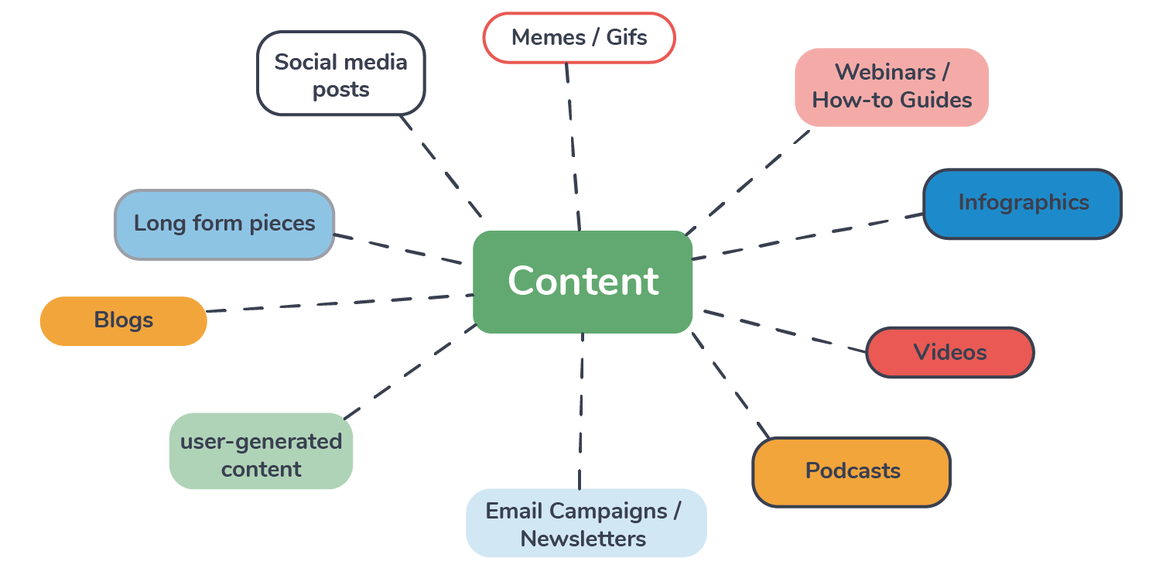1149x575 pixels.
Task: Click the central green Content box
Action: coord(582,282)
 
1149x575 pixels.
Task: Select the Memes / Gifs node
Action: coord(579,37)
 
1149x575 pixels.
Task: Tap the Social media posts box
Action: coord(340,74)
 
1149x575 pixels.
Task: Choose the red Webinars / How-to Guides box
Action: coord(891,87)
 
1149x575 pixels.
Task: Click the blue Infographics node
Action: coord(1022,204)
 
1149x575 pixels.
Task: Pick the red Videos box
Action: coord(949,352)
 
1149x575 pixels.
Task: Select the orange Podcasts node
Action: coord(851,471)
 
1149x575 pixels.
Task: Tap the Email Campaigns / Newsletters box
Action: coord(586,523)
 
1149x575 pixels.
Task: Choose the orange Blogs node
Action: coord(124,320)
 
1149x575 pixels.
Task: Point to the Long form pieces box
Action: coord(224,224)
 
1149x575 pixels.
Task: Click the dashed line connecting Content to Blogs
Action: coord(340,303)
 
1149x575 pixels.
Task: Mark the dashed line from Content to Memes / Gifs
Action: coord(573,147)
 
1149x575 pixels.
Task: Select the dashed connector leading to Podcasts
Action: coord(730,385)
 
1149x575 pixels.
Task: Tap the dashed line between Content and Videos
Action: coord(783,331)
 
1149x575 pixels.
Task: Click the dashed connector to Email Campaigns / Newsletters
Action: coord(580,410)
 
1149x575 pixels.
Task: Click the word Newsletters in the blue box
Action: coord(583,539)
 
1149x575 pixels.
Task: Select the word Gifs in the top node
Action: coord(627,37)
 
